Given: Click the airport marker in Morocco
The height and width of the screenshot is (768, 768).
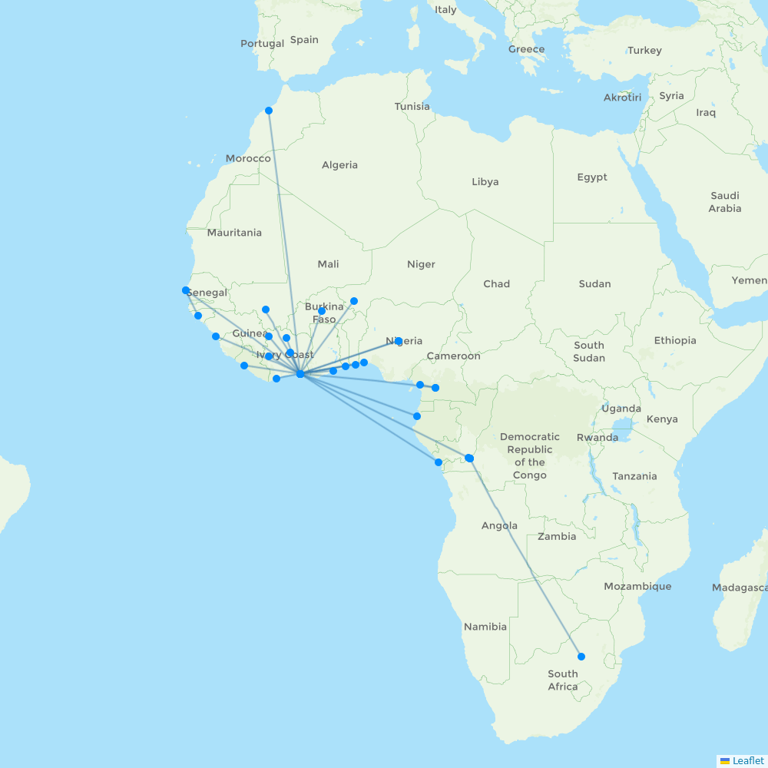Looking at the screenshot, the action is (269, 111).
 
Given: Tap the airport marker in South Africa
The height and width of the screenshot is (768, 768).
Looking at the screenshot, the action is (581, 657).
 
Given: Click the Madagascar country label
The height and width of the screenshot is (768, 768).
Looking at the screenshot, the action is (739, 588).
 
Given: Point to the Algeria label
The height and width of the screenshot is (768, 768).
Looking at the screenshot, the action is (339, 165).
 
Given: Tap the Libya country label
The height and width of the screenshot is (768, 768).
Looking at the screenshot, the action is (485, 182).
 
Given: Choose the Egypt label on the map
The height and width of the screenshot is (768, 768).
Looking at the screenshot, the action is (592, 177).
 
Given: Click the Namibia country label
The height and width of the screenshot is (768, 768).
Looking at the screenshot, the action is (485, 627).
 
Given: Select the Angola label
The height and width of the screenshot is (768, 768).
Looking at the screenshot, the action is (499, 526).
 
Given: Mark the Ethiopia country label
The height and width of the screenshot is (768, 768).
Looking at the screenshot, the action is (675, 340).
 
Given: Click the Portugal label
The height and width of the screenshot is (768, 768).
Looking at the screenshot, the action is (262, 44).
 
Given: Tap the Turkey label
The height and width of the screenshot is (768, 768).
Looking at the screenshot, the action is (644, 51).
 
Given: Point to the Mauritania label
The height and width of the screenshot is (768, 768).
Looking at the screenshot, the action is (234, 233).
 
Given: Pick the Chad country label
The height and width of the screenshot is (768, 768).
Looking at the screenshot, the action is (496, 284).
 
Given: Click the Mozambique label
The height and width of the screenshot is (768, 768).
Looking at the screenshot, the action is (637, 587).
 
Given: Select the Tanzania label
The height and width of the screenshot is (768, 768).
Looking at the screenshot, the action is (634, 476).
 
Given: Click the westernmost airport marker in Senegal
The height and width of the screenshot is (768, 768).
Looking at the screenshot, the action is (186, 290).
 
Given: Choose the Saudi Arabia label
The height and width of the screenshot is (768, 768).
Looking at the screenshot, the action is (725, 202).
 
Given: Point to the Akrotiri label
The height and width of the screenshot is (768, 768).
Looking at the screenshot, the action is (622, 98).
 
